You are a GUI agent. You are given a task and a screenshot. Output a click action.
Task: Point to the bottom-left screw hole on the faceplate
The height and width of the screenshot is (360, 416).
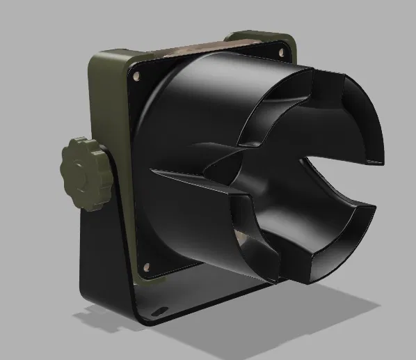147,266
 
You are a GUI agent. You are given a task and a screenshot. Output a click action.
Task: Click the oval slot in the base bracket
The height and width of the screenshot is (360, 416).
162,308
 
